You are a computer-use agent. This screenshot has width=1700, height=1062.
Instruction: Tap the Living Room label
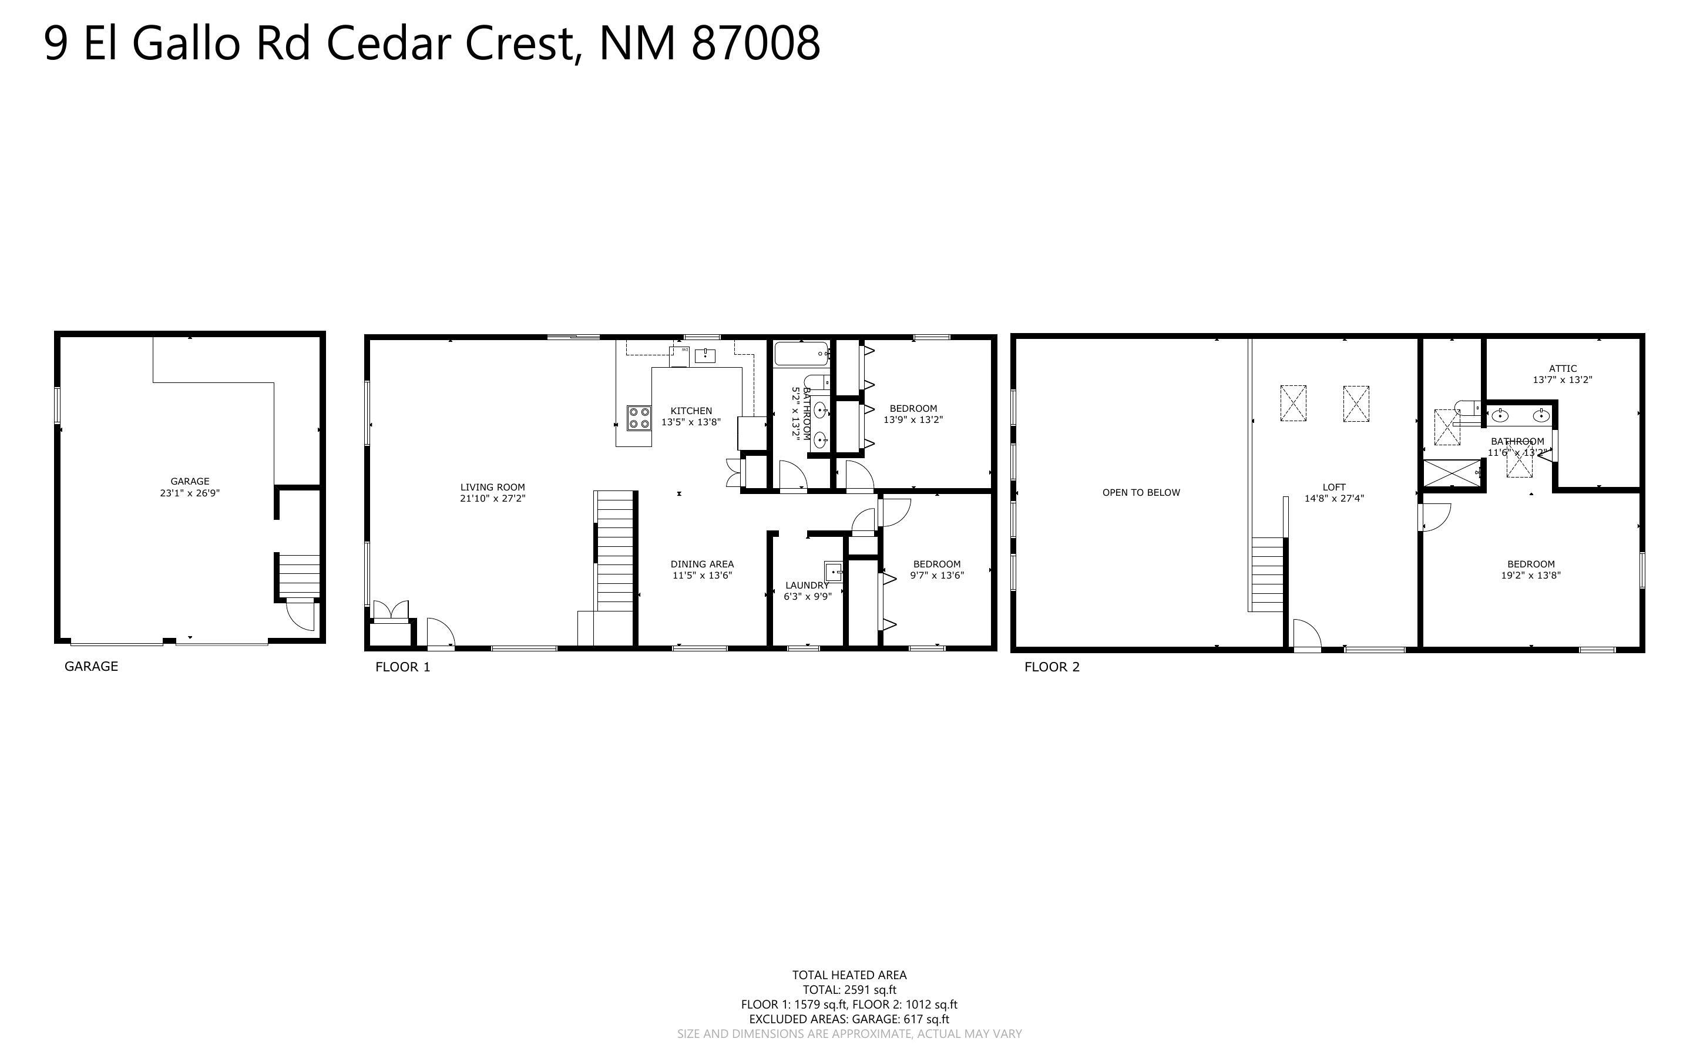click(492, 487)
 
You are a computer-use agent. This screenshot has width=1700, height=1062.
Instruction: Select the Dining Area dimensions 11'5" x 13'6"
click(702, 575)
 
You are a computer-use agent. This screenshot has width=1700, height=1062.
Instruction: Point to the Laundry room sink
click(833, 572)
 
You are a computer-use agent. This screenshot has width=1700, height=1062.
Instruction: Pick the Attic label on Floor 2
click(1563, 368)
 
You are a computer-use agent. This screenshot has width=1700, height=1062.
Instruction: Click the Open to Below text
click(1141, 492)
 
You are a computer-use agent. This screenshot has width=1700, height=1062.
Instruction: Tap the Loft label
click(1334, 487)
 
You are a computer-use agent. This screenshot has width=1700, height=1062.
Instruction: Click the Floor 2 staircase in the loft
click(1268, 574)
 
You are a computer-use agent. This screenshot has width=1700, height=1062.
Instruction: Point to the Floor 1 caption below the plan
click(402, 667)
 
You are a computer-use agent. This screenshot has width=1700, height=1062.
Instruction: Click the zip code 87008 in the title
click(755, 43)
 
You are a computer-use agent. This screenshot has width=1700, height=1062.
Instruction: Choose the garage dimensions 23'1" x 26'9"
click(190, 493)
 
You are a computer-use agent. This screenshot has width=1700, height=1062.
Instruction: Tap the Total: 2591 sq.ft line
click(849, 990)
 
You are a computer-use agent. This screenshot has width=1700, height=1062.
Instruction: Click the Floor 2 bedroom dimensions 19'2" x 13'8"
click(1531, 575)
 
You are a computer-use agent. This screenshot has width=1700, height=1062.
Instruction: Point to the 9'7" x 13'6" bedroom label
click(937, 570)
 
